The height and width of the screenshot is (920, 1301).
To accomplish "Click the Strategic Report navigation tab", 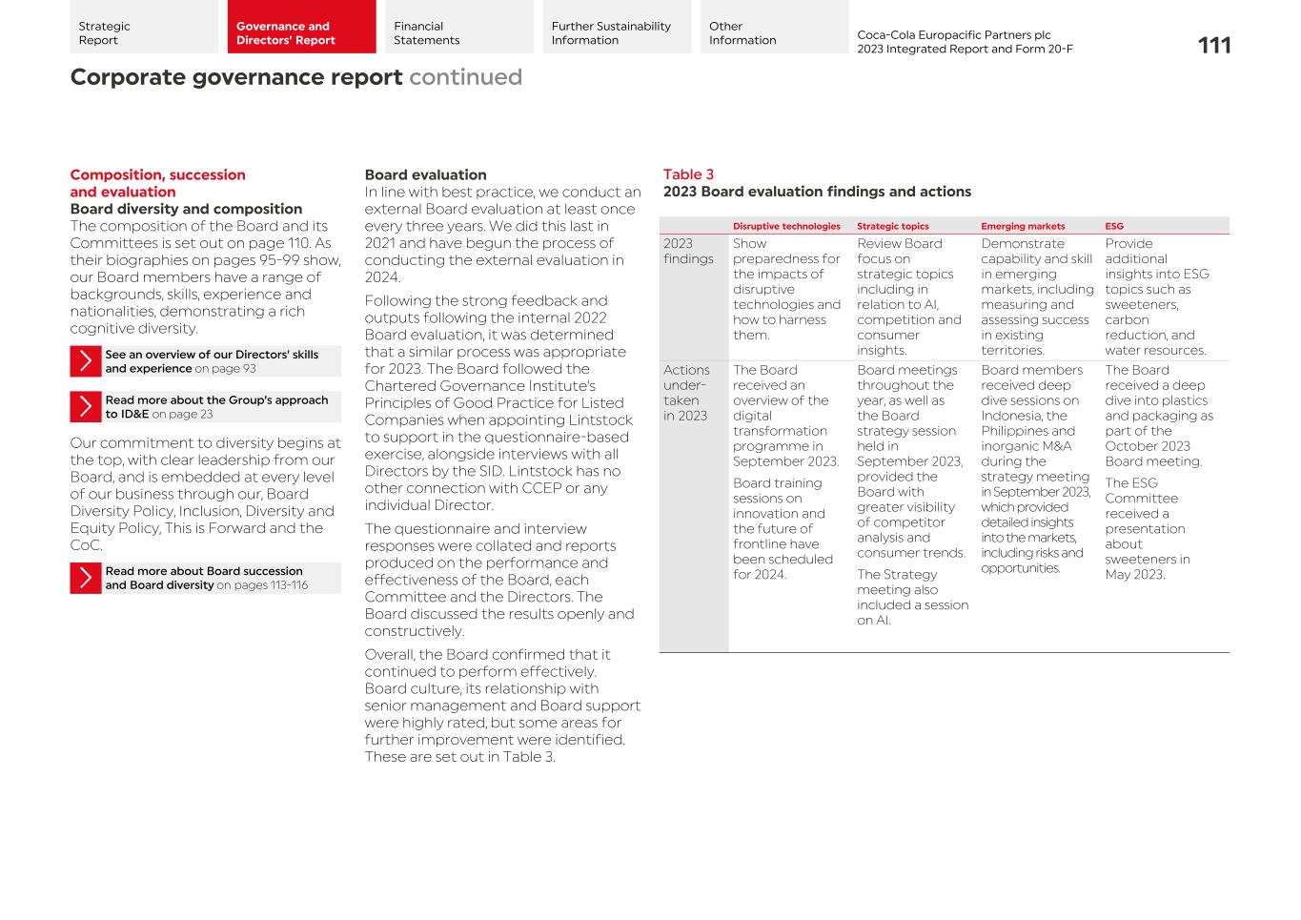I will point(143,28).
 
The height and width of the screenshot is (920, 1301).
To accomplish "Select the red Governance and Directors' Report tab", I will point(301,28).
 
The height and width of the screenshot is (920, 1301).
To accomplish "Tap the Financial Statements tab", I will point(458,28).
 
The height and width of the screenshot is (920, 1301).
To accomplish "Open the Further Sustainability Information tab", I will point(617,28).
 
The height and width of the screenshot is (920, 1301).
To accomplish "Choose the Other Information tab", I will point(773,28).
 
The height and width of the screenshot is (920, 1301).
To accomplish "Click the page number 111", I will point(1213,46).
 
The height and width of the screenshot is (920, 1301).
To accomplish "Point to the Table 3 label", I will point(688,174).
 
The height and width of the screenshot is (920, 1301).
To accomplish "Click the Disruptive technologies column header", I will point(786,227).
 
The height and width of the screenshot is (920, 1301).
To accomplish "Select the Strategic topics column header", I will point(892,227).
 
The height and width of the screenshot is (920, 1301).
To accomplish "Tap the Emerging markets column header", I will point(1023,227).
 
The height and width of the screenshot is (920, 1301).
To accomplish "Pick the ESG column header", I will point(1114,227).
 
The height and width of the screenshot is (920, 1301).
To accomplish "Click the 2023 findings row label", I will point(688,252).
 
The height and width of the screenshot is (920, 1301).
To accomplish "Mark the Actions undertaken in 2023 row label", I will point(687,393).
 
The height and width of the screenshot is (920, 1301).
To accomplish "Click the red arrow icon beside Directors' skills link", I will point(86,361).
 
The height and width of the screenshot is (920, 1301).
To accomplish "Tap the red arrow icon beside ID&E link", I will point(86,407).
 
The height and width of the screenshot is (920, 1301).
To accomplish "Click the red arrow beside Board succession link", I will point(86,578).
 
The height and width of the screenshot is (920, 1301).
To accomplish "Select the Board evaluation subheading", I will point(425,175).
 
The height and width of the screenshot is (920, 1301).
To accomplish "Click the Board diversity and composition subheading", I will point(186,209).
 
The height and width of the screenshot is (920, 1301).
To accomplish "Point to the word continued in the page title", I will point(465,77).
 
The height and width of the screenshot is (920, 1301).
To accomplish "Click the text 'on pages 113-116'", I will point(262,585).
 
